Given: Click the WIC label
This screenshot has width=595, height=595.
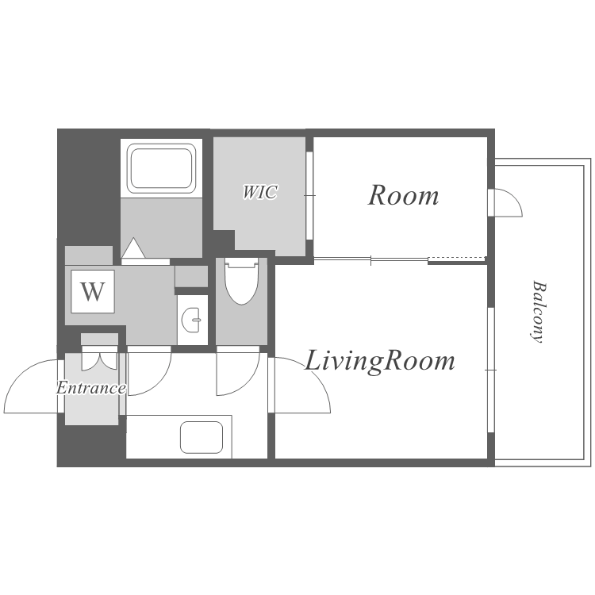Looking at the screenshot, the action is (x=260, y=192).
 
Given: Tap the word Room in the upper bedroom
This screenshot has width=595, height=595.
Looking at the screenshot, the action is (x=403, y=195).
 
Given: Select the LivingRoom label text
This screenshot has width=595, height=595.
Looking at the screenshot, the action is (x=380, y=361).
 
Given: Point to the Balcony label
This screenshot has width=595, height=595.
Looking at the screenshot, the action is (x=538, y=312).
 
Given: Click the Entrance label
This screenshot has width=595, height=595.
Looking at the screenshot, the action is (x=91, y=388).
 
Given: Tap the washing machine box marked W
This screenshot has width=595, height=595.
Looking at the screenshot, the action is (x=93, y=291).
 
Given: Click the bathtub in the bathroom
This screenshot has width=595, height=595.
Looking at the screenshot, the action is (x=161, y=168).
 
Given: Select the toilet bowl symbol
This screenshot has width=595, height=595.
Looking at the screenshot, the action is (x=242, y=282).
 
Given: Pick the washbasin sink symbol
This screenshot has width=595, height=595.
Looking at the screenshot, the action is (x=192, y=320).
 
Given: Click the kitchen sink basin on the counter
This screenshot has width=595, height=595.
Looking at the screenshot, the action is (x=202, y=437).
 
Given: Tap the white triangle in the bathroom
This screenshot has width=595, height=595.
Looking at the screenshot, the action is (x=133, y=248).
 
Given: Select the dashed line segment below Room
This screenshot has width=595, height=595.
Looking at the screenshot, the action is (x=456, y=259).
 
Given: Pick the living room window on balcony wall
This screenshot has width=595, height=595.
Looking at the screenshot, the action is (x=491, y=370).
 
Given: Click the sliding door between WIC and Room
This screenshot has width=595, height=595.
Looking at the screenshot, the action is (x=309, y=195).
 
